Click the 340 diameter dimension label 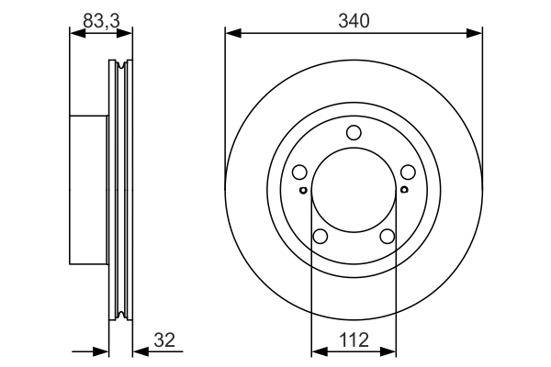click(x=354, y=21)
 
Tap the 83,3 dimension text click(x=101, y=21)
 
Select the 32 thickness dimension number click(x=164, y=340)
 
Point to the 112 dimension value click(x=354, y=340)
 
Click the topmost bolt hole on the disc click(x=354, y=134)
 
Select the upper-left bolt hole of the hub click(x=299, y=172)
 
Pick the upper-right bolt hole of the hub click(x=408, y=172)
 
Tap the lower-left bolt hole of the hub click(x=320, y=237)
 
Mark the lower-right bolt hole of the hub click(x=387, y=237)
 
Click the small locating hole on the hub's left click(x=303, y=191)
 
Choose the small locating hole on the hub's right click(x=404, y=191)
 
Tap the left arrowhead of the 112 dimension click(x=318, y=350)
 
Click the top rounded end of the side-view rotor click(x=120, y=66)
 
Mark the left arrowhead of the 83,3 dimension click(x=76, y=35)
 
